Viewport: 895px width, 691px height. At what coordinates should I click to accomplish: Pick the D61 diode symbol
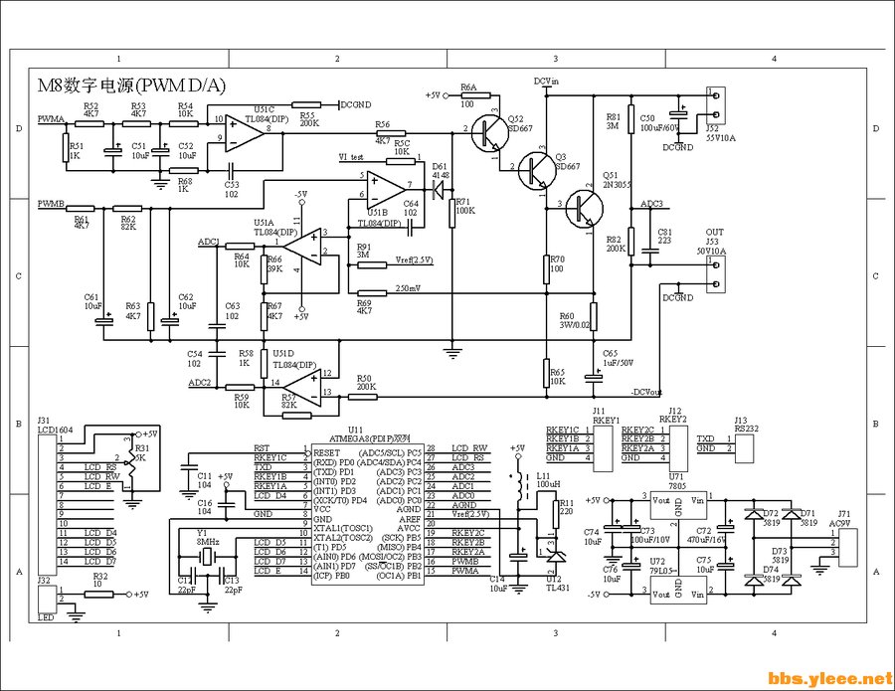click(x=436, y=186)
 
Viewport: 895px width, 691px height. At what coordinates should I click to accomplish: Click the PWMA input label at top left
click(x=51, y=118)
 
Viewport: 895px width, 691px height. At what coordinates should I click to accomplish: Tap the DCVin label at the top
click(x=547, y=80)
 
